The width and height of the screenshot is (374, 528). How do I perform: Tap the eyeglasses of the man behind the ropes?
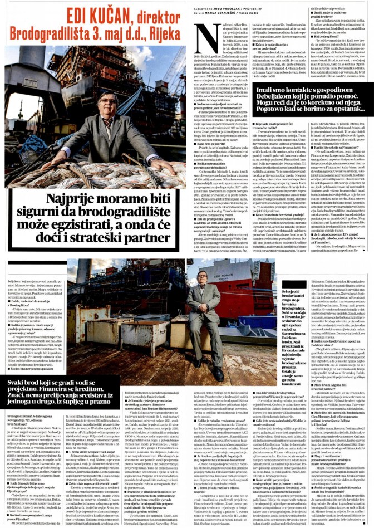106,101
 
